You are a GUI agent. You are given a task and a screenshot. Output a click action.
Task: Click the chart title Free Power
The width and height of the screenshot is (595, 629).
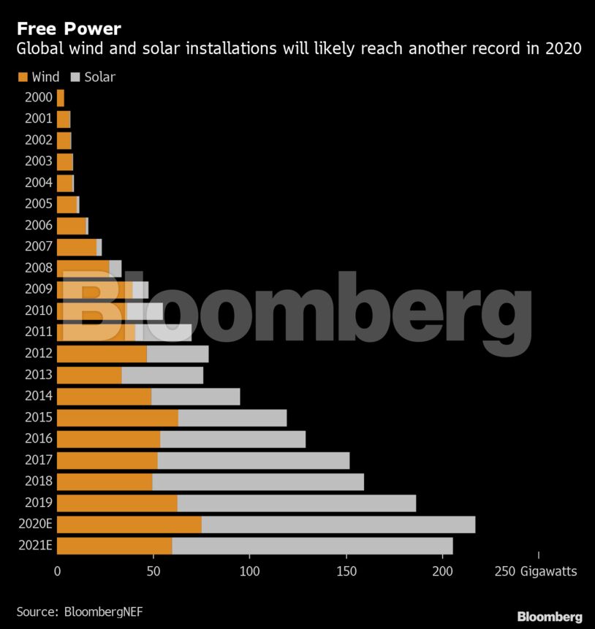(x=69, y=29)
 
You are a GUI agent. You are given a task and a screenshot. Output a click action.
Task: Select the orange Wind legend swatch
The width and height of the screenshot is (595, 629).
(x=23, y=77)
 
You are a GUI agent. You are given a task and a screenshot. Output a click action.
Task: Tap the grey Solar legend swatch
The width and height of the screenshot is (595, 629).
(x=75, y=77)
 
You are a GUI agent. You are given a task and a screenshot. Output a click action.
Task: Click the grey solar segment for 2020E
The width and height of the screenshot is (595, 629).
(x=338, y=525)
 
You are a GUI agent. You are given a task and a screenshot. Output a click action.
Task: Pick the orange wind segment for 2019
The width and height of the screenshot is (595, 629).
(x=117, y=503)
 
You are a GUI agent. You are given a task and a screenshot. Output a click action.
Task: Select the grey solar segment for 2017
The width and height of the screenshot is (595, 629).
(x=254, y=460)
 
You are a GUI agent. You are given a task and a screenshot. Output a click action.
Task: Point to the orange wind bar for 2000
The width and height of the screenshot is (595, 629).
(x=61, y=98)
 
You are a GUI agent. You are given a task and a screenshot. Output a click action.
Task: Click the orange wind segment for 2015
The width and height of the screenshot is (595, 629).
(x=118, y=418)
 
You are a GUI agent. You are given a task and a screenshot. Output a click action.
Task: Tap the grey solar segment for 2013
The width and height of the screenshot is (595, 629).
(x=162, y=376)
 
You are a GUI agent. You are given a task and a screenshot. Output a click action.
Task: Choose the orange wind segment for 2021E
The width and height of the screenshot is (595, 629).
(x=115, y=546)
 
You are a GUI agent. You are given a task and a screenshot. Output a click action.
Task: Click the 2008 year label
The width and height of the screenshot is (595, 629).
(x=39, y=267)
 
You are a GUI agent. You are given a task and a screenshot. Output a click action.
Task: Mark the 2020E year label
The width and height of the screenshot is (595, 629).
(x=35, y=524)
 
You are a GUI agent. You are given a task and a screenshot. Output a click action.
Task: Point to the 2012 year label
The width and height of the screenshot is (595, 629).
(x=39, y=353)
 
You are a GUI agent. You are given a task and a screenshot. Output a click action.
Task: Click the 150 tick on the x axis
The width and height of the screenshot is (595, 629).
(x=346, y=571)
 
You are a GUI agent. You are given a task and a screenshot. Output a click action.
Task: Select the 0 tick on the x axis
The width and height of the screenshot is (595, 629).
(x=58, y=571)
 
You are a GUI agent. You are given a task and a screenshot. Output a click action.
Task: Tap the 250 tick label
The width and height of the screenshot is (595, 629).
(x=504, y=571)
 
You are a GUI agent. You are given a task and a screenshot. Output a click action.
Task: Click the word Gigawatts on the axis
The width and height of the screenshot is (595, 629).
(x=548, y=571)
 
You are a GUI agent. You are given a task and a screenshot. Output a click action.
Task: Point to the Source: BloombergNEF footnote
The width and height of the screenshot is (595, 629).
(x=80, y=611)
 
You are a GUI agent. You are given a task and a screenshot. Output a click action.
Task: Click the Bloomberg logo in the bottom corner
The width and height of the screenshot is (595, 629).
(x=550, y=617)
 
